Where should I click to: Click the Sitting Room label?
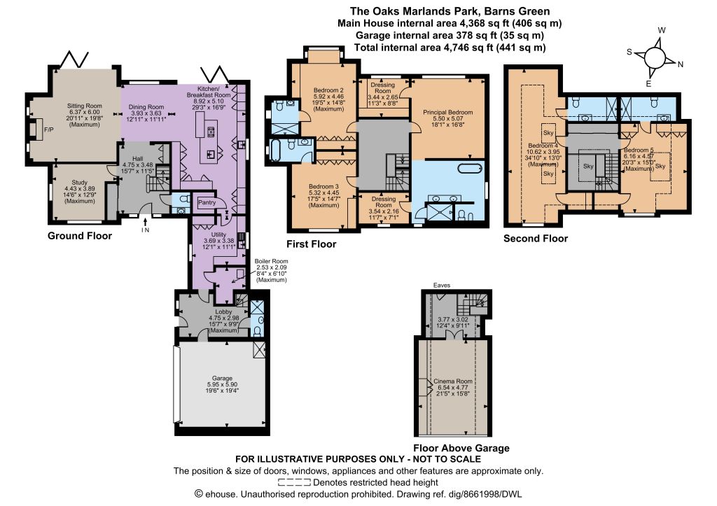coord(85,106)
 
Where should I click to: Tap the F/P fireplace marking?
coord(48,129)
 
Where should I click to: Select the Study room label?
coord(80,183)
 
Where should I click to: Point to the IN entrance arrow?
coord(146,222)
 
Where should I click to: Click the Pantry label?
coord(207,202)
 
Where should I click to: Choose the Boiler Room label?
coord(271,262)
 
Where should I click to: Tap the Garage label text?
coord(222,378)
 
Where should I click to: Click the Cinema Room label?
coord(453,381)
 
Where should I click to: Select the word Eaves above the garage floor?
coord(442,286)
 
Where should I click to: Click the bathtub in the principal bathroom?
coord(470,168)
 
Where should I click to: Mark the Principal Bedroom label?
coord(447,112)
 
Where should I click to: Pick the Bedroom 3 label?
coord(323,186)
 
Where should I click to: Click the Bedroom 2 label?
coord(328,90)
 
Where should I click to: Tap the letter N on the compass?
coord(681,64)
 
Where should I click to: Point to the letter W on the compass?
coord(662,30)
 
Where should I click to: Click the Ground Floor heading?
coord(80,236)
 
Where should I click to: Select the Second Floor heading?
coord(536,238)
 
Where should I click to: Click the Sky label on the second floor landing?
coord(588,166)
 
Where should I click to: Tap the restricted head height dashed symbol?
coord(294,482)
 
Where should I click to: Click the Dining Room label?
coord(146,107)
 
